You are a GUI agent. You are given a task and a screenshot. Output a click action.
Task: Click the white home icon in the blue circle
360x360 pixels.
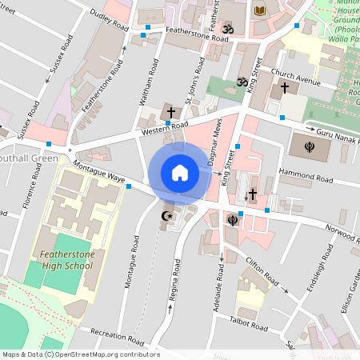coord(180,172)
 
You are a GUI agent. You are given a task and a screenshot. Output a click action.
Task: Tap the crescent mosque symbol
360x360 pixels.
coord(167,216)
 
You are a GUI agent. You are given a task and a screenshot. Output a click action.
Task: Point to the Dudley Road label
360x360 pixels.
coord(110,20)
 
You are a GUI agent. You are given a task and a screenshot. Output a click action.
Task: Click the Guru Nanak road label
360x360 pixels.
coord(332,134)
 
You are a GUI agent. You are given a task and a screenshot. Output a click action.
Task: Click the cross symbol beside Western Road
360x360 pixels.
coord(170,111)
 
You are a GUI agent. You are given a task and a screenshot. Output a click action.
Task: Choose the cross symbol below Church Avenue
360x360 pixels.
coord(284,86)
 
